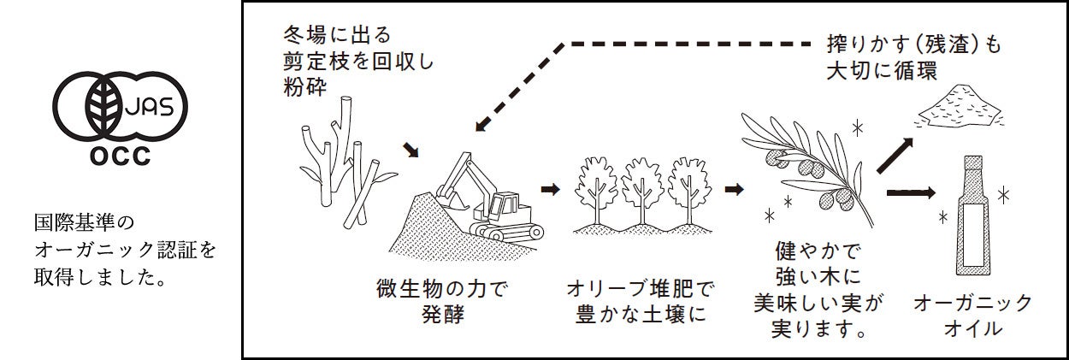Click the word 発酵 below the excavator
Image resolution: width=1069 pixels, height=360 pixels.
[x=441, y=313]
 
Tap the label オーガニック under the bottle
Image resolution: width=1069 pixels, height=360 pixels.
[x=972, y=304]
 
